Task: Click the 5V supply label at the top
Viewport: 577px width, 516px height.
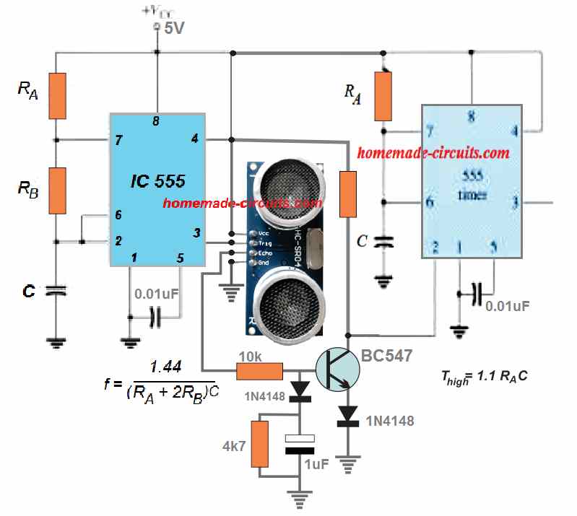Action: point(174,29)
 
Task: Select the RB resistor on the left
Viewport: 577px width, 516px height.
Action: point(58,191)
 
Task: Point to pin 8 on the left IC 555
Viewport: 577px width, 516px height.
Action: point(156,121)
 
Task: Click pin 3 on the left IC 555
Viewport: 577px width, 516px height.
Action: point(196,232)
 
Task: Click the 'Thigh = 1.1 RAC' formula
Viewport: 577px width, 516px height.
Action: point(477,375)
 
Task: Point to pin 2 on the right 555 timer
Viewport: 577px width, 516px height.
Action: point(435,247)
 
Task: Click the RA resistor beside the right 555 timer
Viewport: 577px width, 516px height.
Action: point(383,96)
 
